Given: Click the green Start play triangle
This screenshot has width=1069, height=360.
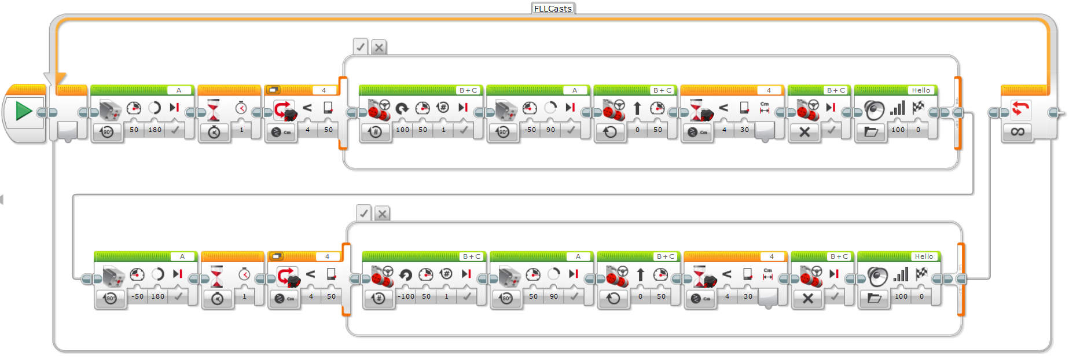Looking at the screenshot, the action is (x=23, y=111).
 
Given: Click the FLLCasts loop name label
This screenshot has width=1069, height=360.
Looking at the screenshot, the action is (x=553, y=8).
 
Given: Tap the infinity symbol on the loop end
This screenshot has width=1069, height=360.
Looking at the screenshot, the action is (x=1017, y=132).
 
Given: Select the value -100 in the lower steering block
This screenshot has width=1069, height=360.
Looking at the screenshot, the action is (x=407, y=296).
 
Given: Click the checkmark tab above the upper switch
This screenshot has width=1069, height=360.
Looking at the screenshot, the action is (x=361, y=47).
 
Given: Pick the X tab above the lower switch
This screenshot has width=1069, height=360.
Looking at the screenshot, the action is (x=382, y=214).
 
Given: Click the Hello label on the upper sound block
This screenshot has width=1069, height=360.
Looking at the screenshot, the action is (x=921, y=90).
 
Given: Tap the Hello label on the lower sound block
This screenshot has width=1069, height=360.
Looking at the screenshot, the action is (x=924, y=256).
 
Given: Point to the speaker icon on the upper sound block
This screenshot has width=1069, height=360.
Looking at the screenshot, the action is (x=874, y=109).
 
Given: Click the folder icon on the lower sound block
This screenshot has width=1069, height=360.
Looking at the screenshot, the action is (x=874, y=298).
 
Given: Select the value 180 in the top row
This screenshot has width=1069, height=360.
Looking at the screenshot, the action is (x=155, y=130).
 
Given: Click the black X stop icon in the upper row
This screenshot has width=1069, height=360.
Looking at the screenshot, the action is (x=804, y=132).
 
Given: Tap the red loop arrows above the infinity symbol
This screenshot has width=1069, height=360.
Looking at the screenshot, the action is (x=1020, y=108).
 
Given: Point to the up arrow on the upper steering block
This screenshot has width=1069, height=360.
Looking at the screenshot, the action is (x=637, y=108).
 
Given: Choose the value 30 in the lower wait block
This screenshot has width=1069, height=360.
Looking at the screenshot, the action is (x=748, y=296).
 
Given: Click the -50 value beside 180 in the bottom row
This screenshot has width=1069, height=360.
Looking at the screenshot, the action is (x=138, y=296).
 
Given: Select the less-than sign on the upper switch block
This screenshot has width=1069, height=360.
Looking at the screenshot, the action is (x=307, y=108).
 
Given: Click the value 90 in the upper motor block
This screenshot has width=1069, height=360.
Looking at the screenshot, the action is (x=551, y=130).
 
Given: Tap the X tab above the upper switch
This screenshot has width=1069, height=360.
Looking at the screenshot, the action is (x=379, y=47).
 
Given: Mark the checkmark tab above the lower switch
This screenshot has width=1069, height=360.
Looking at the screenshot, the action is (x=363, y=214).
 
